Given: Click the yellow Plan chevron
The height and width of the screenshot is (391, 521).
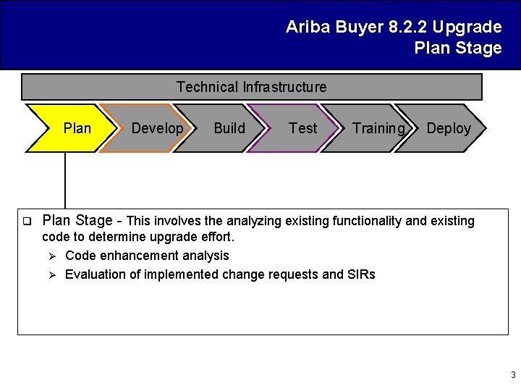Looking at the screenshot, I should click(72, 128).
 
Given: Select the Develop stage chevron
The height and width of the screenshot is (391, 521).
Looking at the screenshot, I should click(153, 128).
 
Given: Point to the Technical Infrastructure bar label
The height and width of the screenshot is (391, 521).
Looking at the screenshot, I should click(251, 87).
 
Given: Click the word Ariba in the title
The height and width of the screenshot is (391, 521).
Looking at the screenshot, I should click(307, 28).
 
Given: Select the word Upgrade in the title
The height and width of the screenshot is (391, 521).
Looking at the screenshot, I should click(467, 28).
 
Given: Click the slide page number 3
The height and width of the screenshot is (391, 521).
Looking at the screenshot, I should click(513, 375).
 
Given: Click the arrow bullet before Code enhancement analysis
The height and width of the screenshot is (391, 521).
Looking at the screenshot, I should click(51, 256).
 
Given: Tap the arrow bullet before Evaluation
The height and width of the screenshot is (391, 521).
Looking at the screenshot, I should click(51, 274).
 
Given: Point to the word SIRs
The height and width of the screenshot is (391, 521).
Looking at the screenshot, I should click(361, 274).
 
